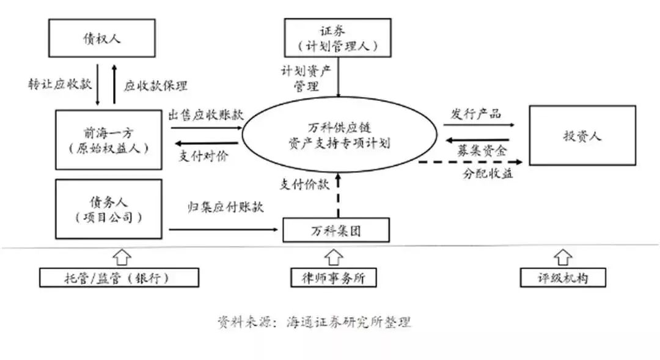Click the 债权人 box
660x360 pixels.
(102, 39)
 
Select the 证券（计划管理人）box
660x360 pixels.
(338, 38)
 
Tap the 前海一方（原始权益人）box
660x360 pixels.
(108, 140)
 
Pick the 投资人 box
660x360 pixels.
(582, 136)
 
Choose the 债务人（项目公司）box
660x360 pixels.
(108, 208)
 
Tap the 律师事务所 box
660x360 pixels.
(333, 278)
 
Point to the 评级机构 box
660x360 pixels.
(563, 278)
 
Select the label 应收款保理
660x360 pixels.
(156, 86)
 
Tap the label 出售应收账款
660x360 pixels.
(206, 114)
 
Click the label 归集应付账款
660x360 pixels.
(226, 207)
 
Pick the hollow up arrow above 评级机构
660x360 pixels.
(563, 257)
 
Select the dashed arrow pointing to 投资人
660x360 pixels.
(471, 162)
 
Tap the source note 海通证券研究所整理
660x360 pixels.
(348, 322)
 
